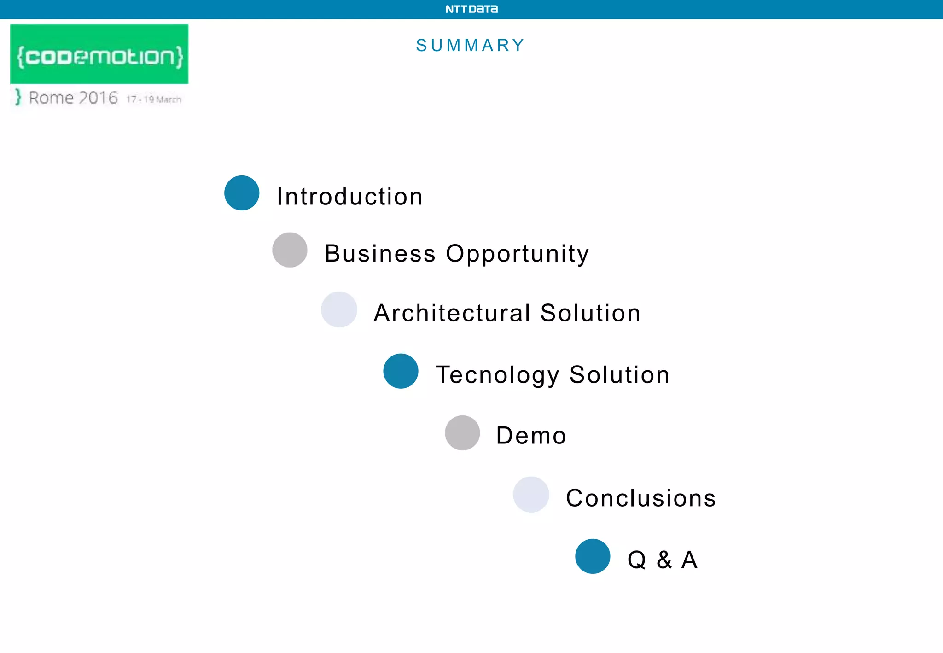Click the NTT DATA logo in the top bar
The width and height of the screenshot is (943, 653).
[471, 9]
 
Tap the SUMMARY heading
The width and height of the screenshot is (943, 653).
[470, 45]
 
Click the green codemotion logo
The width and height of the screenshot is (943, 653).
[99, 55]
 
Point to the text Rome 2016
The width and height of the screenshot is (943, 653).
[73, 98]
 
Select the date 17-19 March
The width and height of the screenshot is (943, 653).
[154, 99]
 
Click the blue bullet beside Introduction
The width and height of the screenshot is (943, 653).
[242, 193]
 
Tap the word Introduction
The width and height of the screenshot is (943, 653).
[349, 197]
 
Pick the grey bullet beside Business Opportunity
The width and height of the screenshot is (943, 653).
[290, 250]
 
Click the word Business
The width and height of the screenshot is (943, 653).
[380, 253]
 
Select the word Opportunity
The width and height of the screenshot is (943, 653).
[517, 254]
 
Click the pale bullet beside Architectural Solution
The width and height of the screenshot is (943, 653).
[339, 309]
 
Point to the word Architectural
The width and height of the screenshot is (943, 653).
[452, 313]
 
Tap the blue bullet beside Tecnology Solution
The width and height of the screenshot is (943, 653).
[401, 371]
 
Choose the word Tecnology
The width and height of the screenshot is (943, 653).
[497, 375]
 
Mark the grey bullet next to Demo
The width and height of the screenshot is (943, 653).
[462, 433]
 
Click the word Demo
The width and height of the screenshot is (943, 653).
[531, 436]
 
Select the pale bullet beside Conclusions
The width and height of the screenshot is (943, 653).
[531, 495]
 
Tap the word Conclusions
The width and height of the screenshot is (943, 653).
[640, 498]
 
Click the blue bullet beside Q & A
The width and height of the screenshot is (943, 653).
[593, 556]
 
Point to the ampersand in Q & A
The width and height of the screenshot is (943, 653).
[664, 560]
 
